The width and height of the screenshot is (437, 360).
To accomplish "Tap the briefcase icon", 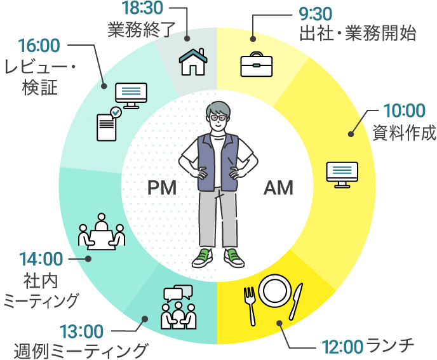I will (256, 65).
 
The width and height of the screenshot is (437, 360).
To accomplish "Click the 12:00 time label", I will (342, 347).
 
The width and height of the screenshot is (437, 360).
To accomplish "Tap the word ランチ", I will (389, 346).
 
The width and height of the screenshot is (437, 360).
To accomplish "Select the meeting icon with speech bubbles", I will (177, 308).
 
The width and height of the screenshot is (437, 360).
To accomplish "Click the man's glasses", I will (217, 116).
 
